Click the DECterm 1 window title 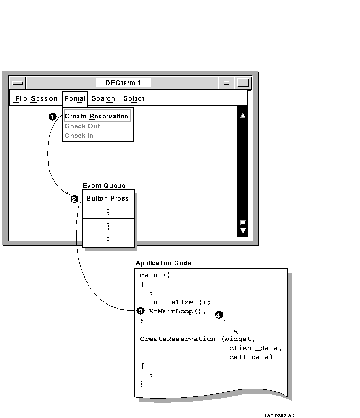tap(123, 83)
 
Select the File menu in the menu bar tap(21, 99)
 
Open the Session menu tap(44, 99)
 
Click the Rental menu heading tap(75, 99)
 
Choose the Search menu tap(103, 99)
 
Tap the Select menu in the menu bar tap(134, 99)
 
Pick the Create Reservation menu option tap(97, 116)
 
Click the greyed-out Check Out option tap(82, 126)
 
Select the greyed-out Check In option tap(79, 136)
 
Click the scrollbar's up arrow tap(243, 115)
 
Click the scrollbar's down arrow tap(243, 231)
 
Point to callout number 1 tap(53, 117)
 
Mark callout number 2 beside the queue tap(74, 199)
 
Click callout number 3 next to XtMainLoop tap(140, 311)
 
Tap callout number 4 tap(219, 315)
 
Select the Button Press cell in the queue tap(107, 198)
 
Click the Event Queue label tap(104, 185)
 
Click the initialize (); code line tap(179, 302)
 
